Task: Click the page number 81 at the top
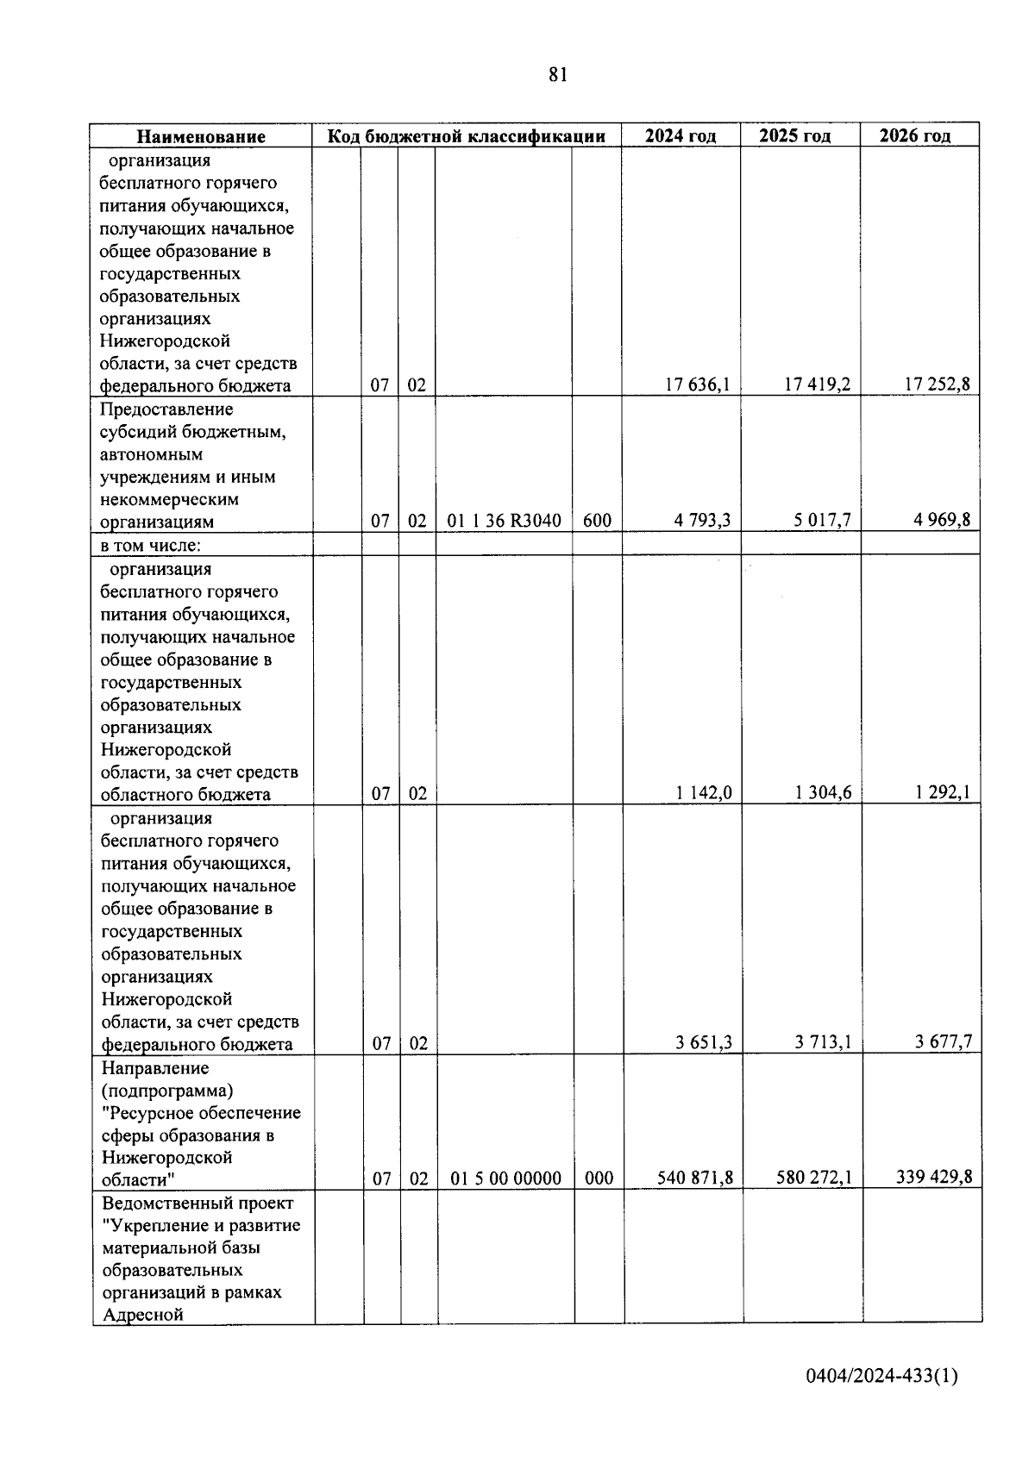[x=557, y=75]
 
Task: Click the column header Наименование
[x=201, y=136]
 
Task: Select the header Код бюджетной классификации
[x=466, y=136]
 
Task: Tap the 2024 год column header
[x=681, y=136]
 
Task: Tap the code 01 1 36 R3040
[x=505, y=521]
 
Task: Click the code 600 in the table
[x=597, y=521]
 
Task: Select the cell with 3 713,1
[x=823, y=1043]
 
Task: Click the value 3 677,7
[x=944, y=1043]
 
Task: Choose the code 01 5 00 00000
[x=505, y=1179]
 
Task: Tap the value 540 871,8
[x=695, y=1179]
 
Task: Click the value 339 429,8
[x=934, y=1179]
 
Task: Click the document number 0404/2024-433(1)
[x=881, y=1377]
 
